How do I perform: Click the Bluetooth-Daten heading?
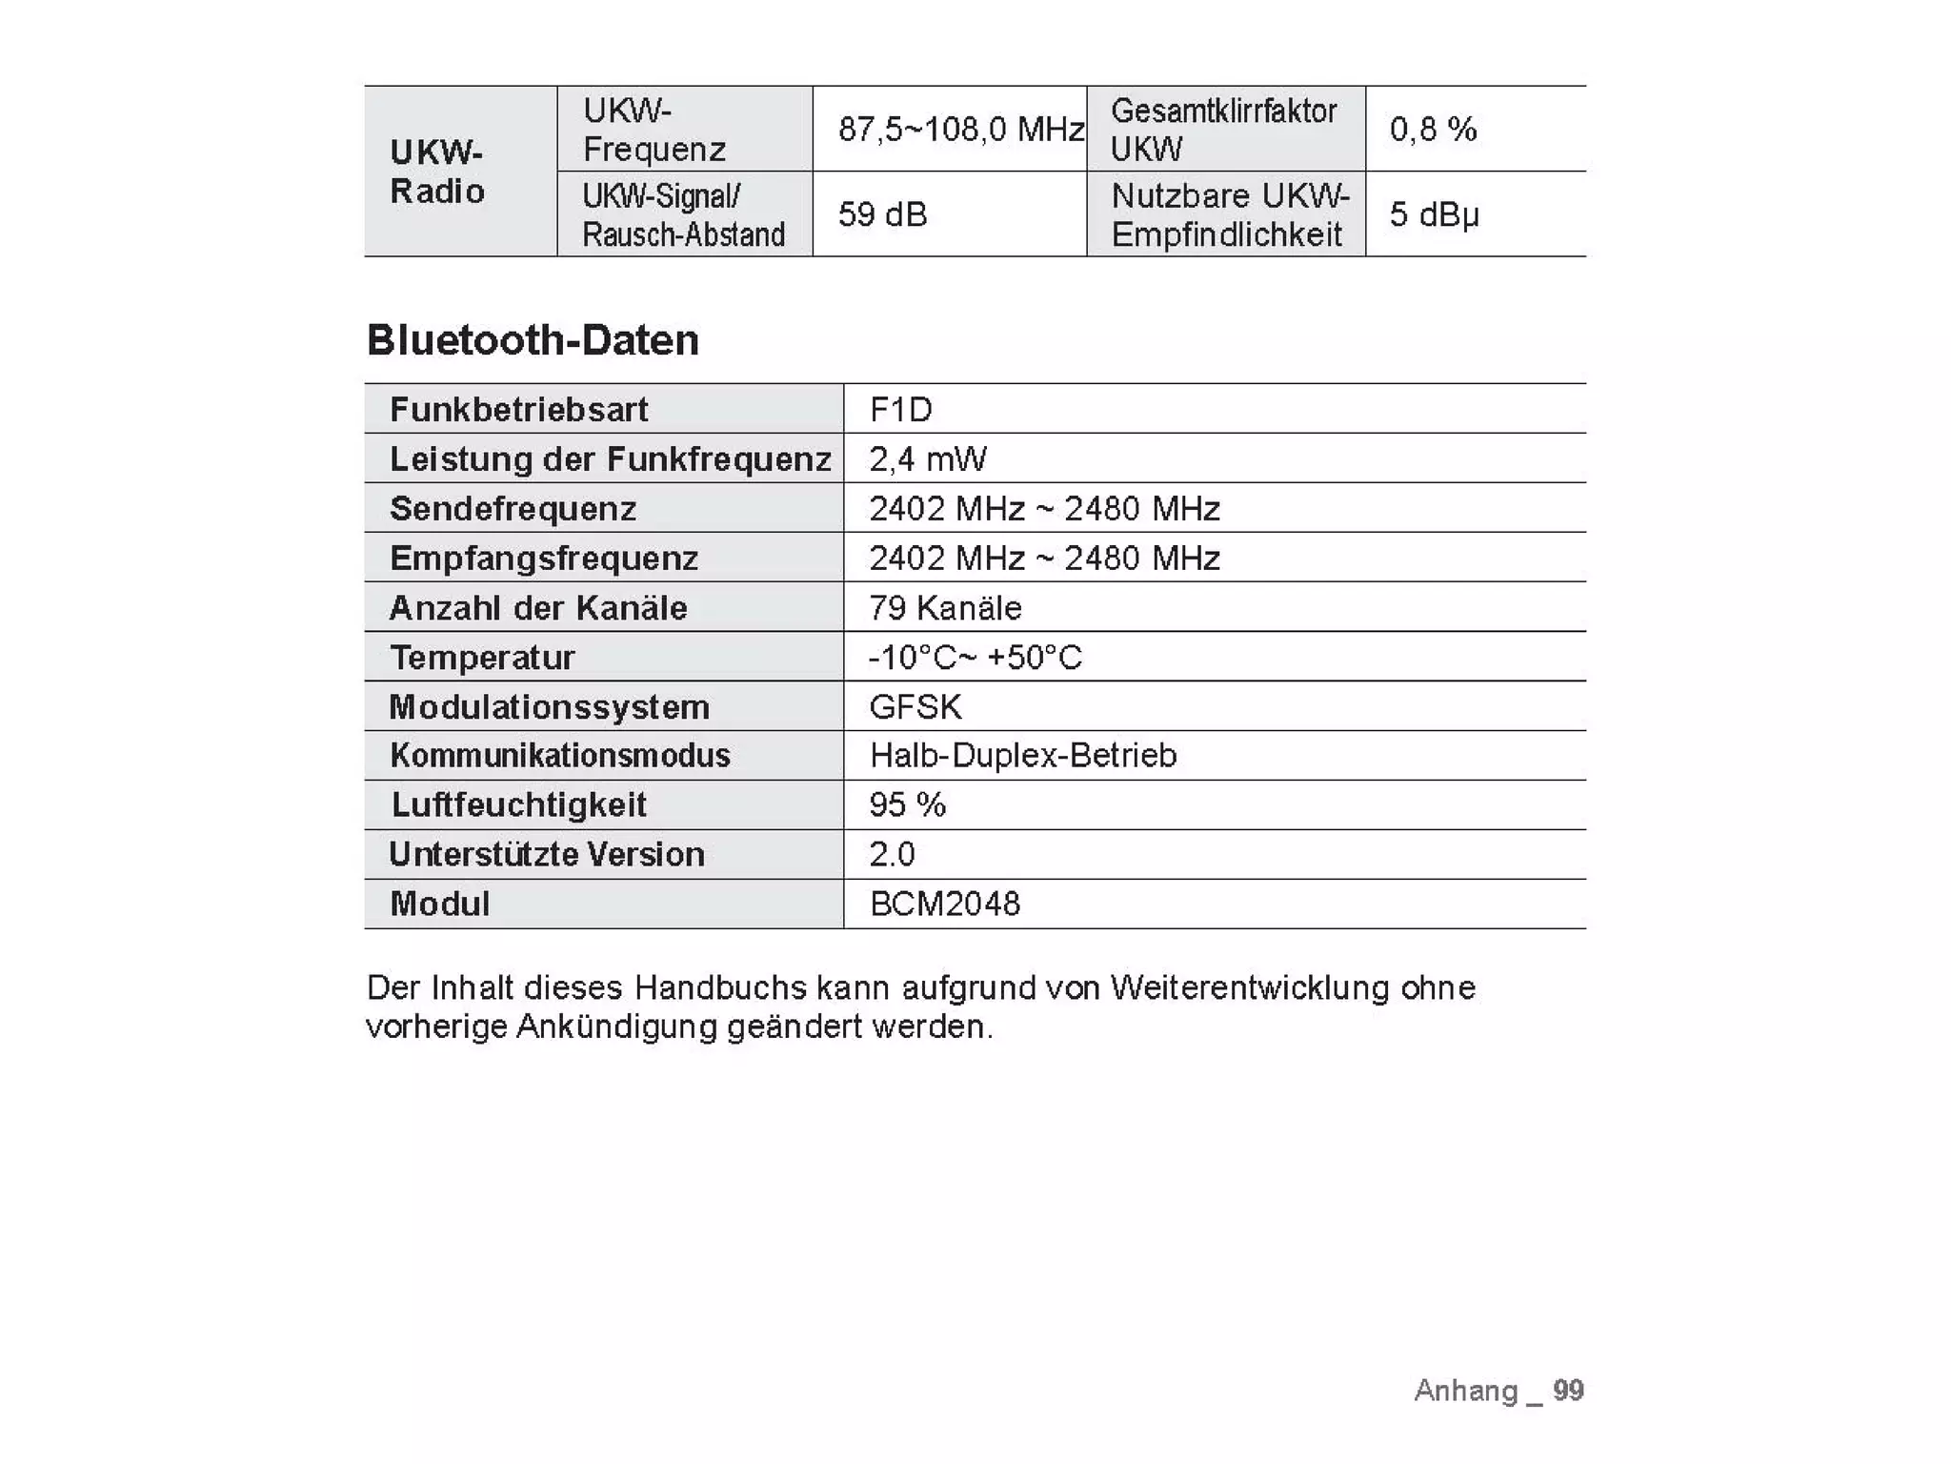tap(533, 340)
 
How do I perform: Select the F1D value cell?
tap(900, 410)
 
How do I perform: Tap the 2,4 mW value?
tap(927, 459)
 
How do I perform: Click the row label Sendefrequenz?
tap(513, 509)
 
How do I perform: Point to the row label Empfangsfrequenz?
tap(544, 559)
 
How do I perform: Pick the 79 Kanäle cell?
tap(945, 608)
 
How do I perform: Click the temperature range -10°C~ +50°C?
tap(975, 658)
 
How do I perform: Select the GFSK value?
tap(915, 707)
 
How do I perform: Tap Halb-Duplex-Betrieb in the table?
tap(1023, 756)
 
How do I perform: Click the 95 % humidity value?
tap(907, 805)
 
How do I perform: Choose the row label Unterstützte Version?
tap(547, 854)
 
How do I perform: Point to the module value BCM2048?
tap(945, 904)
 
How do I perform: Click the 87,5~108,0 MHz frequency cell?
tap(961, 129)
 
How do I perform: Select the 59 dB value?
tap(882, 214)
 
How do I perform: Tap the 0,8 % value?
tap(1433, 129)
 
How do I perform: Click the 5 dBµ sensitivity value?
tap(1434, 214)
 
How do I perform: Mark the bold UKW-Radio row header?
tap(437, 172)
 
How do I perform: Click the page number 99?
tap(1568, 1390)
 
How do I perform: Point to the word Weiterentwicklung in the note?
tap(1249, 987)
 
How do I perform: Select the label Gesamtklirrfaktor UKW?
tap(1223, 130)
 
